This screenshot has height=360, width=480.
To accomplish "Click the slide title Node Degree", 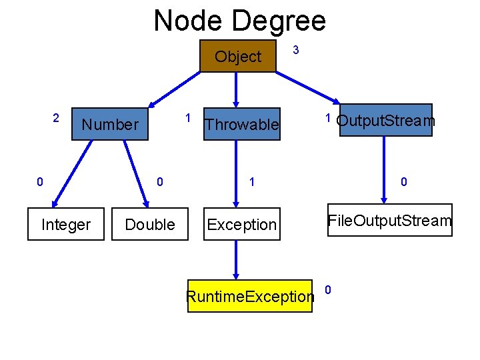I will [240, 21].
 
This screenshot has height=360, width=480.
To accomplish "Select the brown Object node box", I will [238, 57].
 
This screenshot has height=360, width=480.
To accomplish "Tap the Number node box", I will [110, 124].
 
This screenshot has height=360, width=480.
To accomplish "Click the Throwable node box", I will [241, 125].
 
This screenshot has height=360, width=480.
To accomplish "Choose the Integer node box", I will [65, 225].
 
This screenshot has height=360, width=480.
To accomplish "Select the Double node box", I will [150, 225].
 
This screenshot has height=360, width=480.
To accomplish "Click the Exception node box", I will [241, 225].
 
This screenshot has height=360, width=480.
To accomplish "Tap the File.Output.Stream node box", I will [389, 221].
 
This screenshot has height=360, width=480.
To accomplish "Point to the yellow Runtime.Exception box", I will [249, 296].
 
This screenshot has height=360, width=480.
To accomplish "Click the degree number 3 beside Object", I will [296, 51].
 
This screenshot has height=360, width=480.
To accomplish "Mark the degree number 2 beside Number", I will [57, 118].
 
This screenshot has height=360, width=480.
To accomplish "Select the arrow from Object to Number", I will [175, 89].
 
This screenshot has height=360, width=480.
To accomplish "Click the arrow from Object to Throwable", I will [236, 88].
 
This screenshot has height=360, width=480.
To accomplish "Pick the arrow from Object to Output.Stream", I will [307, 87].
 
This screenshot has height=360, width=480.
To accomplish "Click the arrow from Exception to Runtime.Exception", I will [236, 260].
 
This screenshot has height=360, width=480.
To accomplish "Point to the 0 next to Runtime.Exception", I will [327, 289].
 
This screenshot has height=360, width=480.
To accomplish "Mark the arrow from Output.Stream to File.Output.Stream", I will [383, 170].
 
